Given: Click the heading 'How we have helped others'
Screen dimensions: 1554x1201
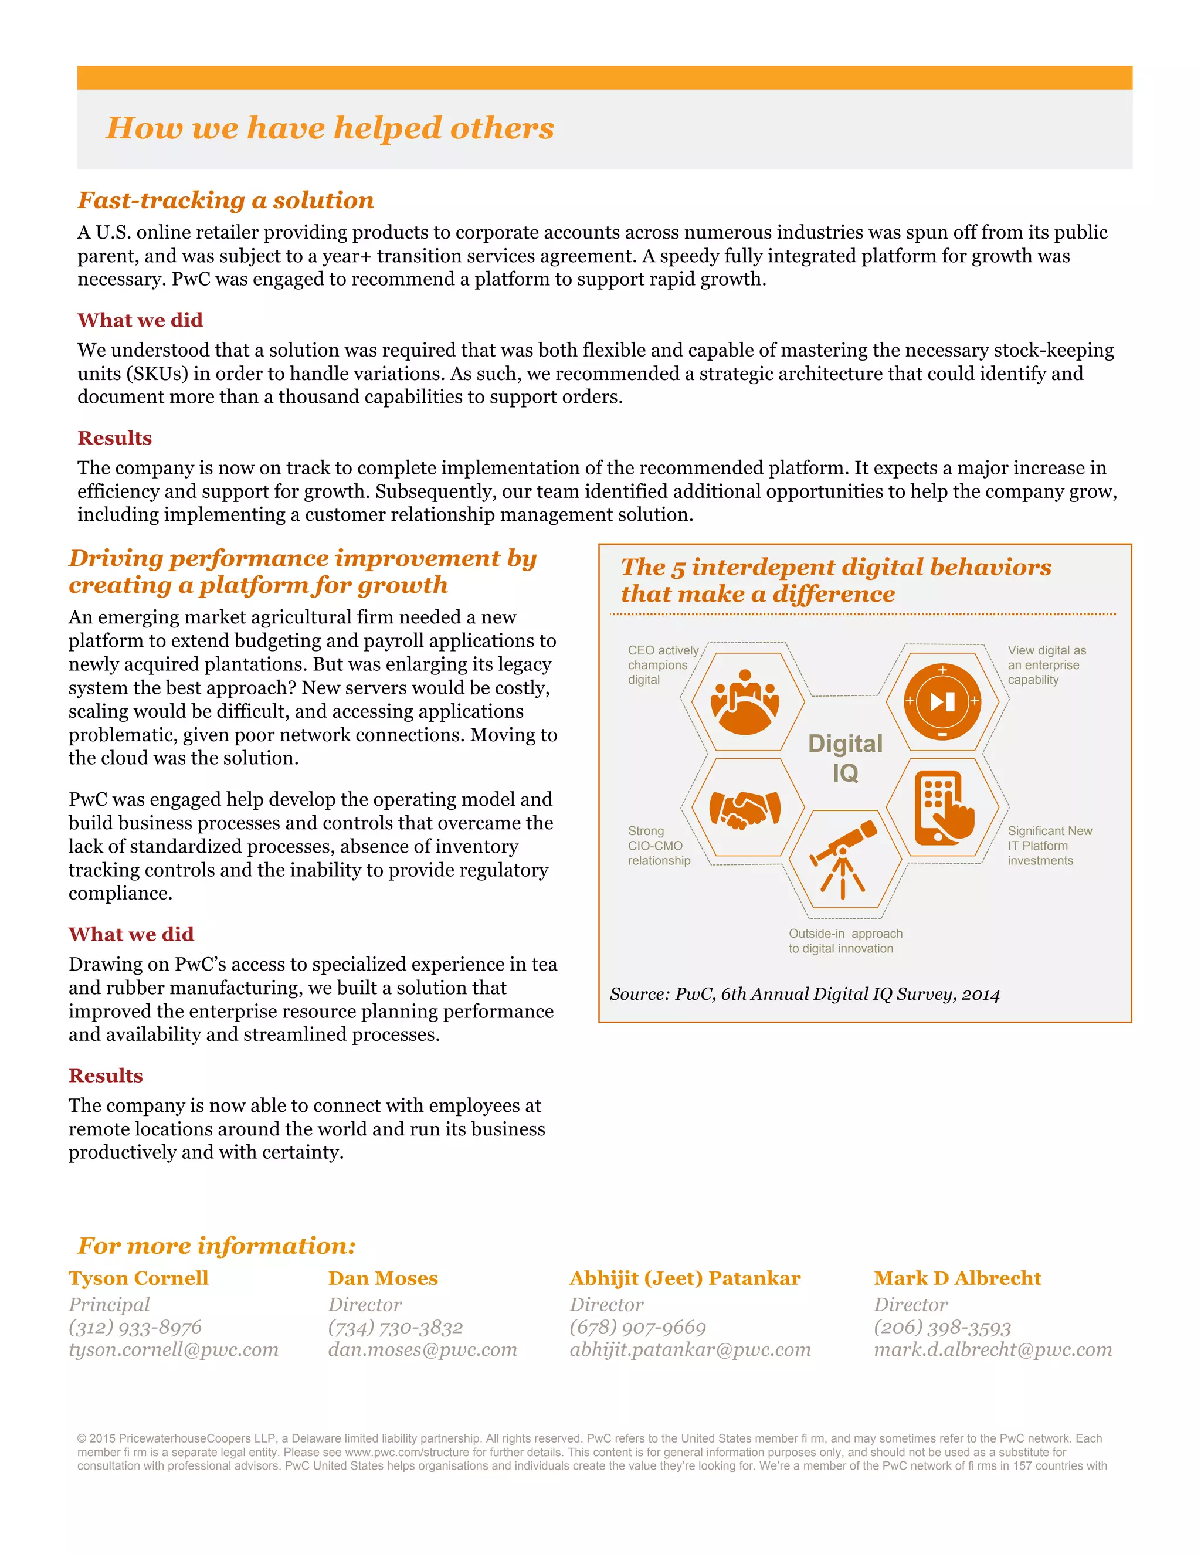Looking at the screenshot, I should pyautogui.click(x=330, y=128).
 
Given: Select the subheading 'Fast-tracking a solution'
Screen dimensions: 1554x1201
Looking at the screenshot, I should pyautogui.click(x=226, y=200).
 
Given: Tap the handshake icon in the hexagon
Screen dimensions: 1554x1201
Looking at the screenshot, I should pyautogui.click(x=745, y=810).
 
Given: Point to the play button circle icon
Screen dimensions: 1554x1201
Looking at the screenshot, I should pyautogui.click(x=942, y=701).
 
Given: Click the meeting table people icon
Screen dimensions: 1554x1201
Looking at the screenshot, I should pyautogui.click(x=745, y=701).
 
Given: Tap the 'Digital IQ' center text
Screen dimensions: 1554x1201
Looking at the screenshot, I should pyautogui.click(x=845, y=758).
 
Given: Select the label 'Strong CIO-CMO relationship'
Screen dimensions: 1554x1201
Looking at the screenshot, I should pyautogui.click(x=659, y=845).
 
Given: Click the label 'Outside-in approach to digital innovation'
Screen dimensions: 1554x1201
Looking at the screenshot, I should pyautogui.click(x=844, y=941).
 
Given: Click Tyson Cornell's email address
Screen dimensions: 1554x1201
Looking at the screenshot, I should pyautogui.click(x=174, y=1349).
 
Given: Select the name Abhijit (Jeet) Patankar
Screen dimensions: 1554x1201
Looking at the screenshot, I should pyautogui.click(x=684, y=1278).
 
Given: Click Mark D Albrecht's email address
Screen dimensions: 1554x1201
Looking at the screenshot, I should pyautogui.click(x=993, y=1349).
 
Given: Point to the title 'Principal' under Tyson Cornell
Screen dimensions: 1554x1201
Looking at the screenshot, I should pyautogui.click(x=109, y=1304).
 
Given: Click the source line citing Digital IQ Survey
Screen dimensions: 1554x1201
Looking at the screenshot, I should pyautogui.click(x=804, y=994).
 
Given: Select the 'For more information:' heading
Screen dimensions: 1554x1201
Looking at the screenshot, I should pyautogui.click(x=216, y=1245).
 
